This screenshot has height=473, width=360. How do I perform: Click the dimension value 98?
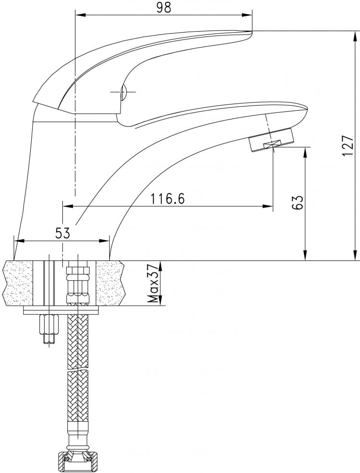[x=164, y=8]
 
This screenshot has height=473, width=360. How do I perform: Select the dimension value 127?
[x=348, y=146]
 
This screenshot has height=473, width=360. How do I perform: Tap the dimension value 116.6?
[x=168, y=199]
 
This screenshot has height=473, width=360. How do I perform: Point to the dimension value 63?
[x=297, y=202]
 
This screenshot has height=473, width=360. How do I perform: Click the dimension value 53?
[x=62, y=233]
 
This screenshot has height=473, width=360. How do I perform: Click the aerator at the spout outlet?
[x=271, y=140]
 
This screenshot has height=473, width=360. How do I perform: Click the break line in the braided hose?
[x=78, y=370]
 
